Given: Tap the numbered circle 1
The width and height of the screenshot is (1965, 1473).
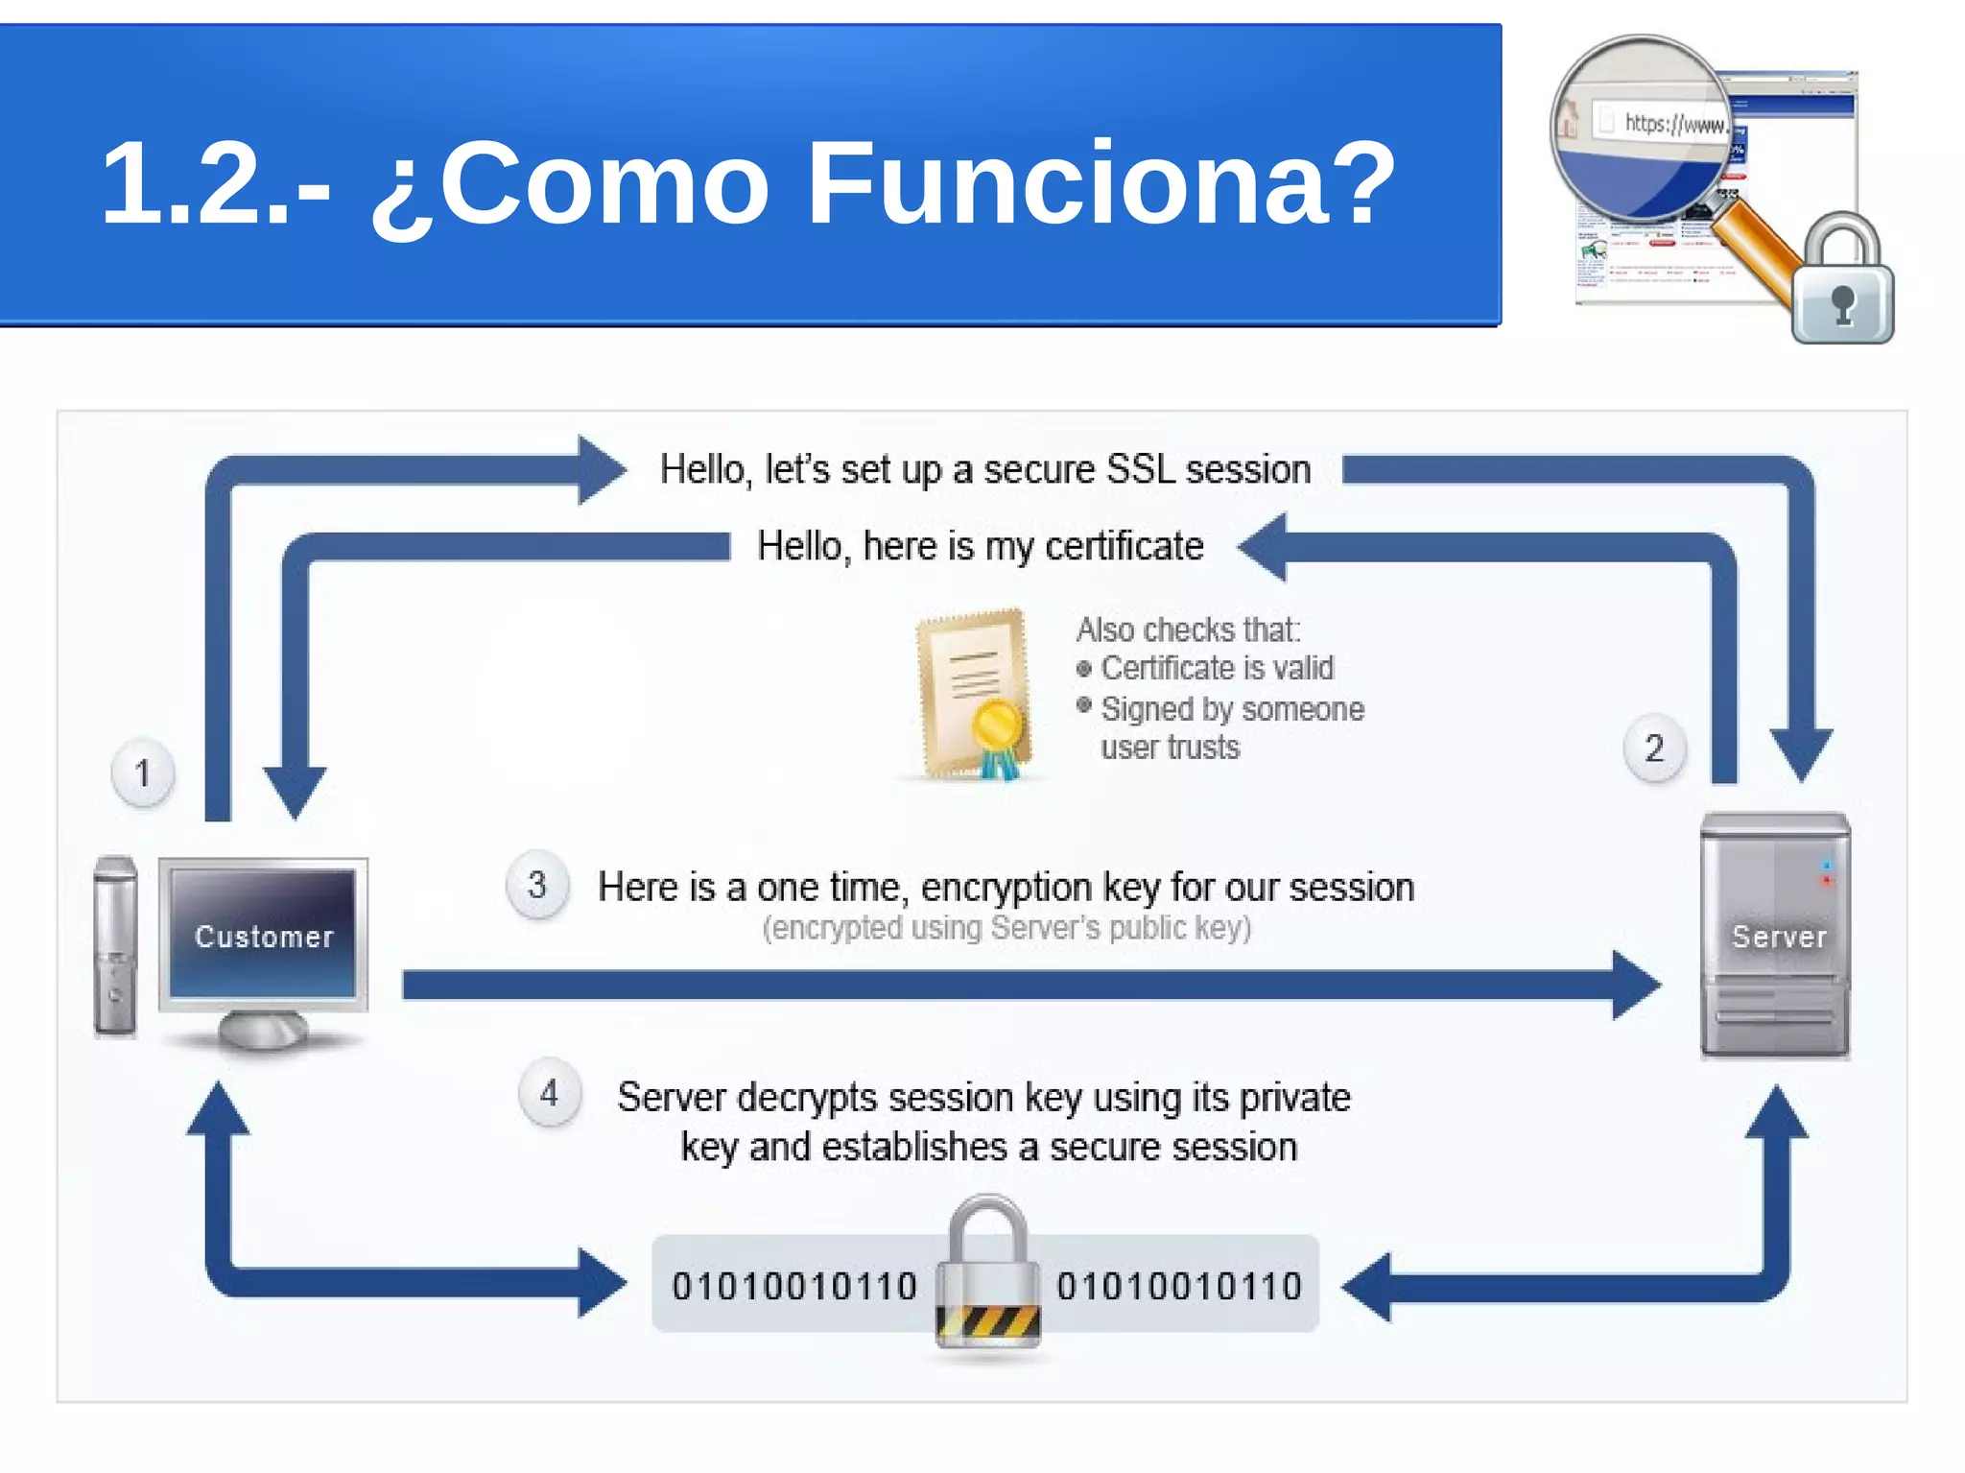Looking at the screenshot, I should (143, 772).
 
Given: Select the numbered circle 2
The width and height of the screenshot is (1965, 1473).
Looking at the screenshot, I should (1653, 748).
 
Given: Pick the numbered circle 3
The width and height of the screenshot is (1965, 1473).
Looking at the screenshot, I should (537, 885).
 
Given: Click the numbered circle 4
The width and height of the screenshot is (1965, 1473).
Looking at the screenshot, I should (549, 1093).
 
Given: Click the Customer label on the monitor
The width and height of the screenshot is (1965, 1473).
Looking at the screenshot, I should (264, 937).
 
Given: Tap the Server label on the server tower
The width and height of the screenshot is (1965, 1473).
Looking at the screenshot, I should (1778, 937).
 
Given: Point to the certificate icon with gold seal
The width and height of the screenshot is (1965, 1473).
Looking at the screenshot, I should (974, 693).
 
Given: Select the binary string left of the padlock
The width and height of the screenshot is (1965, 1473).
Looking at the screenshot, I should (794, 1286).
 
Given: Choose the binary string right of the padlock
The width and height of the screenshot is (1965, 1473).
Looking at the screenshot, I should (1179, 1286).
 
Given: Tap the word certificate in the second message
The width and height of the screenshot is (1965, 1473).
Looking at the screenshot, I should (1124, 546).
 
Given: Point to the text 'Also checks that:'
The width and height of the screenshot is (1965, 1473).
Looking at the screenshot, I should (1188, 630).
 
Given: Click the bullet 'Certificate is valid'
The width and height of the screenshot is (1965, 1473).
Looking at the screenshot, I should (1216, 668).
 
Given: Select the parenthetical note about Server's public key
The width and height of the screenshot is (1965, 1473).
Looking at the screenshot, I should (1006, 928).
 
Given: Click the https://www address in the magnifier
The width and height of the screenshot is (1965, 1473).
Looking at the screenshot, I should (1674, 124).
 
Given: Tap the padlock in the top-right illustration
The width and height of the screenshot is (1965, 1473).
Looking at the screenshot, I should (1843, 283).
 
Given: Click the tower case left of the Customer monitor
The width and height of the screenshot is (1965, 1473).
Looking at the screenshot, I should (115, 946).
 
